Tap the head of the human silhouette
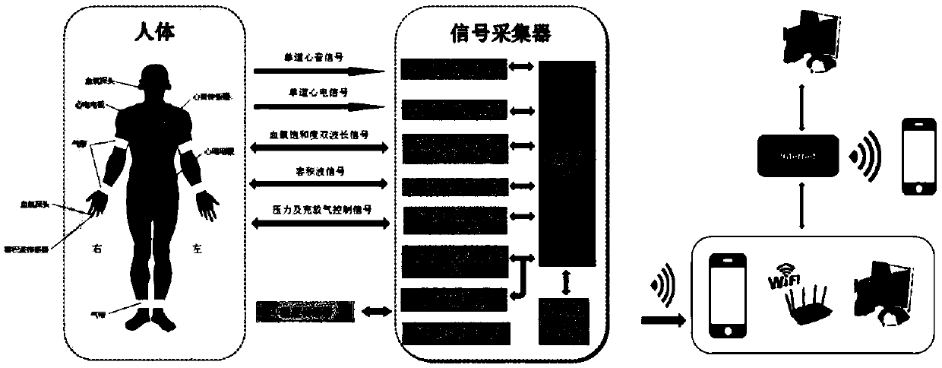click(155, 76)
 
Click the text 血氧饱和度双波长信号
click(320, 133)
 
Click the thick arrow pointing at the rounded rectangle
click(659, 319)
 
